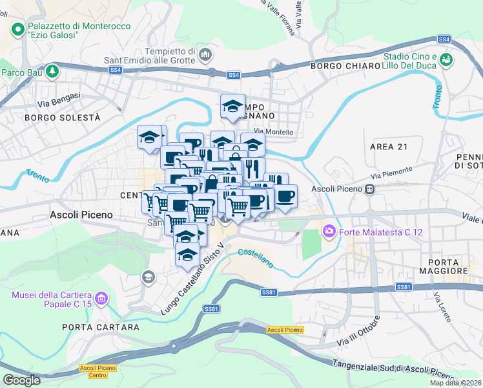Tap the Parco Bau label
click(x=21, y=72)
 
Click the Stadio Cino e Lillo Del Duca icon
click(x=446, y=60)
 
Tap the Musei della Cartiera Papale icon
click(x=101, y=299)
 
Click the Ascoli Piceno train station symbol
click(x=370, y=189)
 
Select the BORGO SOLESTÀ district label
click(x=63, y=118)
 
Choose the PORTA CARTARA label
click(x=101, y=327)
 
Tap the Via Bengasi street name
click(x=59, y=99)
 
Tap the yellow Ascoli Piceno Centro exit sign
click(x=94, y=371)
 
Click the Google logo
click(x=21, y=380)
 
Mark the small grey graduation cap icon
click(x=148, y=277)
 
